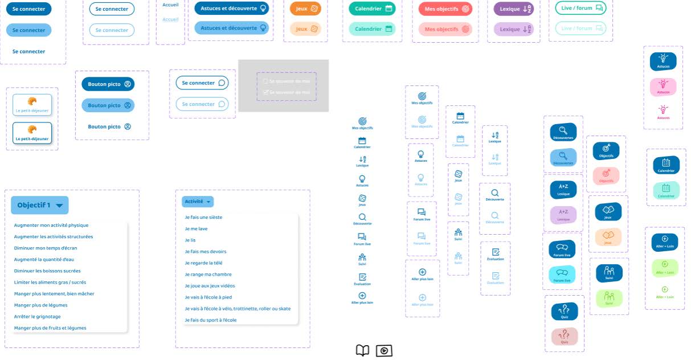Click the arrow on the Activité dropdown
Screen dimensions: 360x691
pyautogui.click(x=209, y=202)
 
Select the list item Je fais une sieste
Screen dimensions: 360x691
pyautogui.click(x=203, y=217)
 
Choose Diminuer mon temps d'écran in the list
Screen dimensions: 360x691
pyautogui.click(x=46, y=248)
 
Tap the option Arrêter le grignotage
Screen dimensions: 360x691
pyautogui.click(x=37, y=316)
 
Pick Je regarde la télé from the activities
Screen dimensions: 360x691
pyautogui.click(x=203, y=263)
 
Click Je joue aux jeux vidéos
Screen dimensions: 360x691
pyautogui.click(x=210, y=285)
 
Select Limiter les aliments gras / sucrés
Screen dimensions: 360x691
pyautogui.click(x=50, y=282)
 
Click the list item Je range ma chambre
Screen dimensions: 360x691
pyautogui.click(x=208, y=274)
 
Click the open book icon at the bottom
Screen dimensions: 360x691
pyautogui.click(x=363, y=350)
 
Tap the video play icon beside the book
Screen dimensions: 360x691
pyautogui.click(x=385, y=350)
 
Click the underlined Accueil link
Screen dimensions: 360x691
pyautogui.click(x=170, y=19)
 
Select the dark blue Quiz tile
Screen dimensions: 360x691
pyautogui.click(x=565, y=312)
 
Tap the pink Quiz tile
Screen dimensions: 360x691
pyautogui.click(x=565, y=337)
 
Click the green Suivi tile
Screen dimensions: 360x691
pyautogui.click(x=609, y=297)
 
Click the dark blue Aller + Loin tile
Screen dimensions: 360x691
pyautogui.click(x=664, y=242)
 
